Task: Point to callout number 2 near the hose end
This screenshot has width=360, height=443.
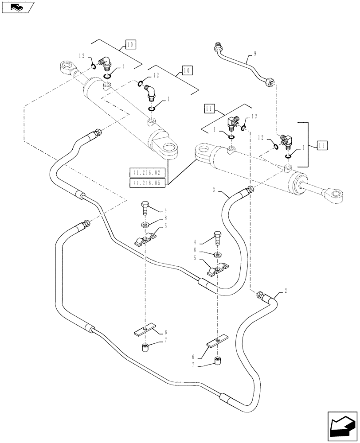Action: pos(286,291)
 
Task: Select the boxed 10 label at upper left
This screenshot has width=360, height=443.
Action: pos(130,44)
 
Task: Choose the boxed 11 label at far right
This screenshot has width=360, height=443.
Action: pos(323,144)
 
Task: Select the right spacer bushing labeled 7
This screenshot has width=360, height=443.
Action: pos(216,361)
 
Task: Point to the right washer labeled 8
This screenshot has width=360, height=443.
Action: pos(217,255)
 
